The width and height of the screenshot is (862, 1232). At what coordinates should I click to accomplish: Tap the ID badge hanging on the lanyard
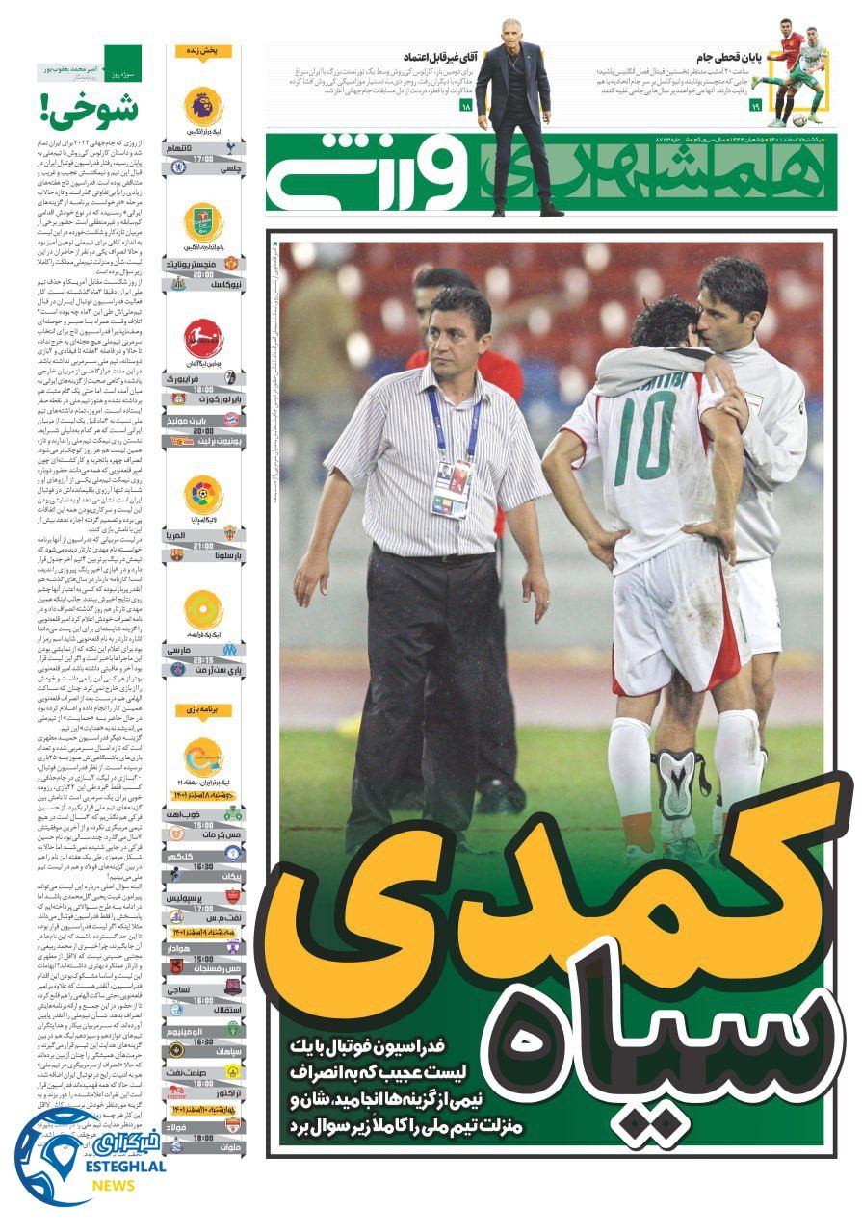click(x=451, y=487)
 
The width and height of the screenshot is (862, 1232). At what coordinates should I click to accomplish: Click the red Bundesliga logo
click(x=203, y=339)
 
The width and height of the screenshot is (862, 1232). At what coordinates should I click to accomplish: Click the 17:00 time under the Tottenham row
click(x=203, y=158)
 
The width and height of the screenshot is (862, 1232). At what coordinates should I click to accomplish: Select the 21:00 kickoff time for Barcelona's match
click(x=203, y=545)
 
